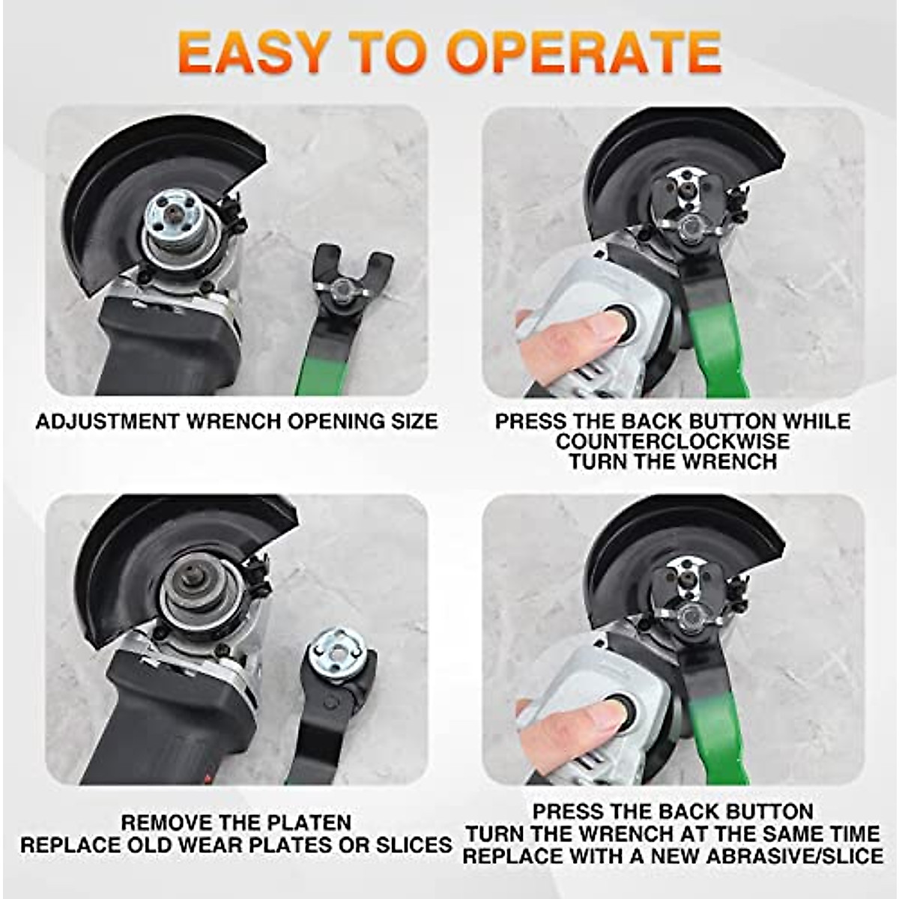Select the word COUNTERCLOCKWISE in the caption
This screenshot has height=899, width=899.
coord(672,441)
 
